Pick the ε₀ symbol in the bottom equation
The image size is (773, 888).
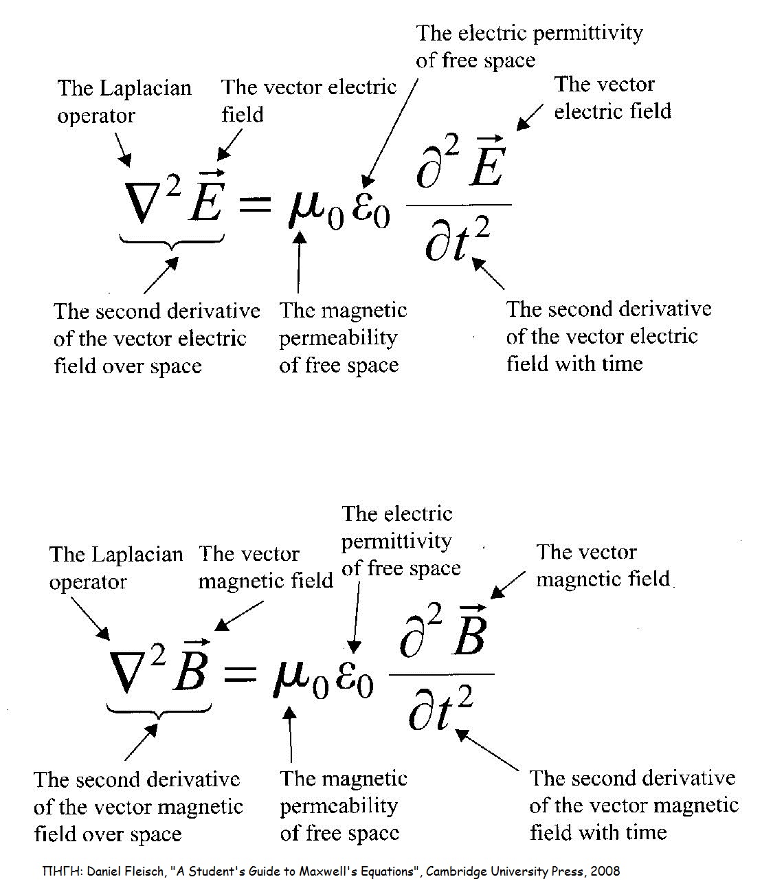(x=354, y=677)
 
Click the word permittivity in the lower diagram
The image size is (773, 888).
(x=396, y=542)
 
